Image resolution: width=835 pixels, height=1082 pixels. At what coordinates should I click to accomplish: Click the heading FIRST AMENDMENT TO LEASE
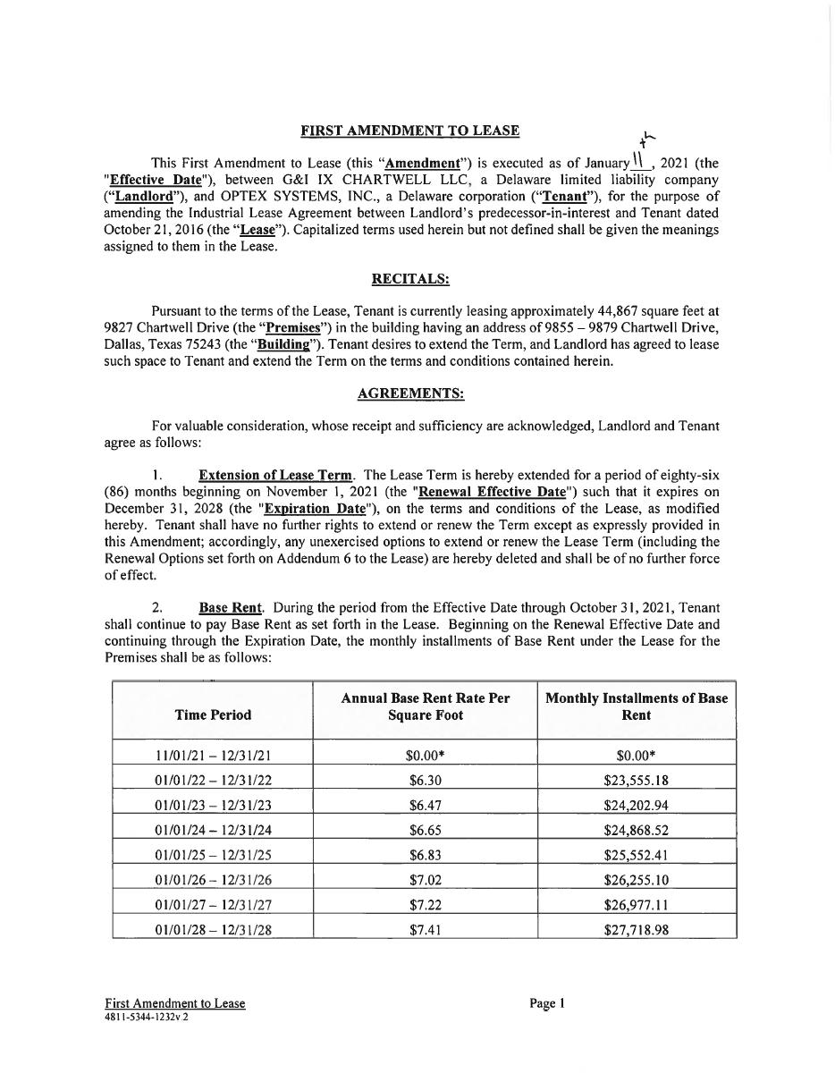409,131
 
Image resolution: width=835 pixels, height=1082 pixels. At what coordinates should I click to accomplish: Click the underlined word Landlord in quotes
143,197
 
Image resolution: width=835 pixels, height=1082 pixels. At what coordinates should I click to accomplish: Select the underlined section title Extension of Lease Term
276,475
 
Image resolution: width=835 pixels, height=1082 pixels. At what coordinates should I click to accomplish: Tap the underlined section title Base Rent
230,608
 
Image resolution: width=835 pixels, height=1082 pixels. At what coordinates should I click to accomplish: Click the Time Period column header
213,714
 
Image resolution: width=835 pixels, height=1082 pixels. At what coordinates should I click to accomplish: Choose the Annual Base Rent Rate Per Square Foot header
425,706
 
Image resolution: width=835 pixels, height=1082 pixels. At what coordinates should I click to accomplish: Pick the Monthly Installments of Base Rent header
637,706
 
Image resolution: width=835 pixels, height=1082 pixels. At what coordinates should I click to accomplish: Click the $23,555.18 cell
637,780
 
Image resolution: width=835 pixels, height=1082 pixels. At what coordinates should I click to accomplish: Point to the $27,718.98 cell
637,930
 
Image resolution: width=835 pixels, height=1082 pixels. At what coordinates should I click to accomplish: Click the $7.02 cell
425,880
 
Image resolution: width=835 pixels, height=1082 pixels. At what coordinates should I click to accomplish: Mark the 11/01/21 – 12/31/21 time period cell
213,755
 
